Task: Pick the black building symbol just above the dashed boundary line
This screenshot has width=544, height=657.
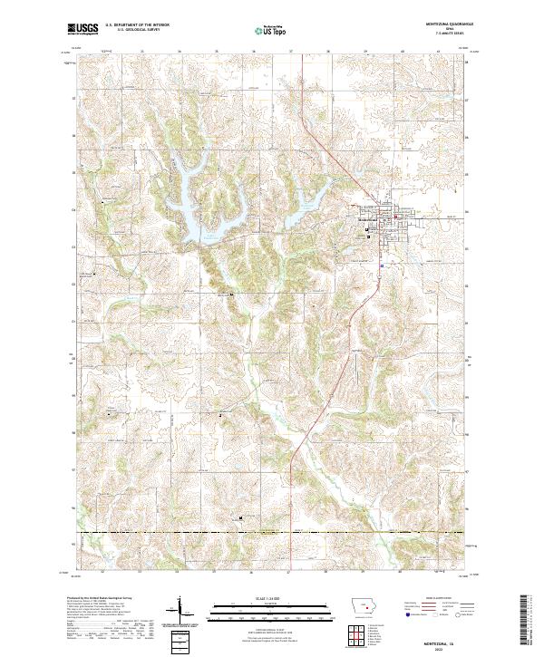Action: point(240,517)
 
